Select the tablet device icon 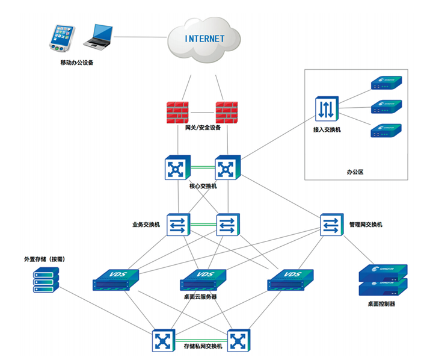[x=63, y=39]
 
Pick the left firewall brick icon [x=179, y=113]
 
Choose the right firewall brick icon [x=227, y=113]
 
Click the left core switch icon [x=177, y=169]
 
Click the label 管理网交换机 [x=366, y=225]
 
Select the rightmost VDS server [x=290, y=279]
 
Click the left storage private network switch [x=162, y=341]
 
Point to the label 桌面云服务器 [x=200, y=297]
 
